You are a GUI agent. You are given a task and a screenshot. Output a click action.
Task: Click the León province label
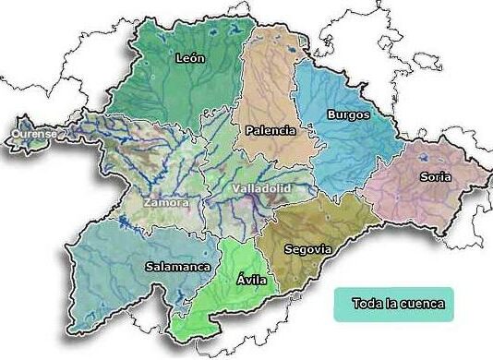(x=190, y=58)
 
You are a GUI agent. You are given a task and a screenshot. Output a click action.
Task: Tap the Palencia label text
(x=271, y=130)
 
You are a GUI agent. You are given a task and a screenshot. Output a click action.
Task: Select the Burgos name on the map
(x=348, y=115)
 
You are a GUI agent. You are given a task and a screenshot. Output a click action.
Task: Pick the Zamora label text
(x=166, y=201)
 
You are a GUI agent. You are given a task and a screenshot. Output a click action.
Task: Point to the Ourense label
(x=34, y=135)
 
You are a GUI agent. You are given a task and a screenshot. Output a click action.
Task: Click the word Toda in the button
(x=368, y=303)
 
